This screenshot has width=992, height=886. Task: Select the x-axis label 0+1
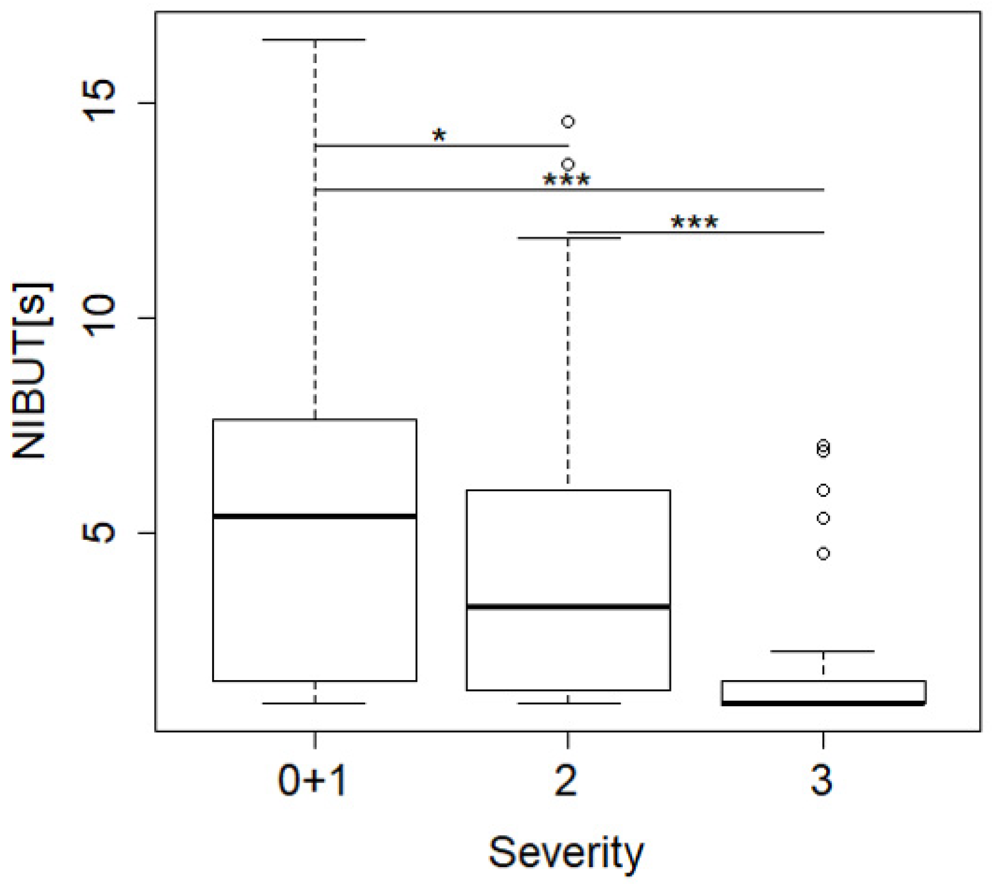[312, 782]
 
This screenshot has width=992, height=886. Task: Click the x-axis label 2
[566, 782]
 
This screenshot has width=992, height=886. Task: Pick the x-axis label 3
[821, 782]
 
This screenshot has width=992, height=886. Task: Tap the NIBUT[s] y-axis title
[32, 371]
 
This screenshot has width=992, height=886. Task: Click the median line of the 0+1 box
[314, 516]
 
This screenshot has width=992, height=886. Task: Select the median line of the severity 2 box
[568, 607]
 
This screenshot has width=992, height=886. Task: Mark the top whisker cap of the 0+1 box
[314, 39]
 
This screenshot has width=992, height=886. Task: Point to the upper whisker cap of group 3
[822, 651]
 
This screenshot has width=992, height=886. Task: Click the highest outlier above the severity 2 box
[568, 122]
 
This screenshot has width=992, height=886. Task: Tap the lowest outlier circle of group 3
[823, 554]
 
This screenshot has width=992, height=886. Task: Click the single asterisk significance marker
[439, 135]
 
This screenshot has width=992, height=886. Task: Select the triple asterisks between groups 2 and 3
[694, 222]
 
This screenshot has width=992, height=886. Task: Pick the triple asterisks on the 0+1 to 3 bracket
[566, 179]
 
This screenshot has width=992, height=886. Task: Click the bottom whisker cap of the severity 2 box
[568, 704]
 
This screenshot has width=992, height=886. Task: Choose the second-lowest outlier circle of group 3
[823, 519]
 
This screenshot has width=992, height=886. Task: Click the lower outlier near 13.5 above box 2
[568, 165]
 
